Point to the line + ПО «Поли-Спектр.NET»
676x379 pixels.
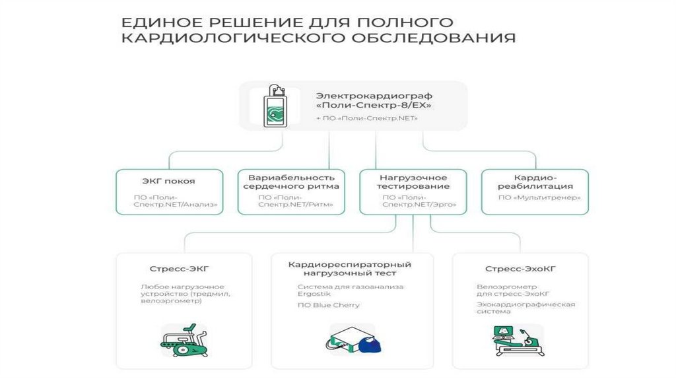click(366, 119)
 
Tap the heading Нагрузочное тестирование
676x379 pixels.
click(413, 182)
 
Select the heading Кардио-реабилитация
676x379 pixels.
click(535, 182)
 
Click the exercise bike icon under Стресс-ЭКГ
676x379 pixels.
click(184, 341)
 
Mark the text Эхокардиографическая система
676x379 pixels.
click(525, 308)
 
